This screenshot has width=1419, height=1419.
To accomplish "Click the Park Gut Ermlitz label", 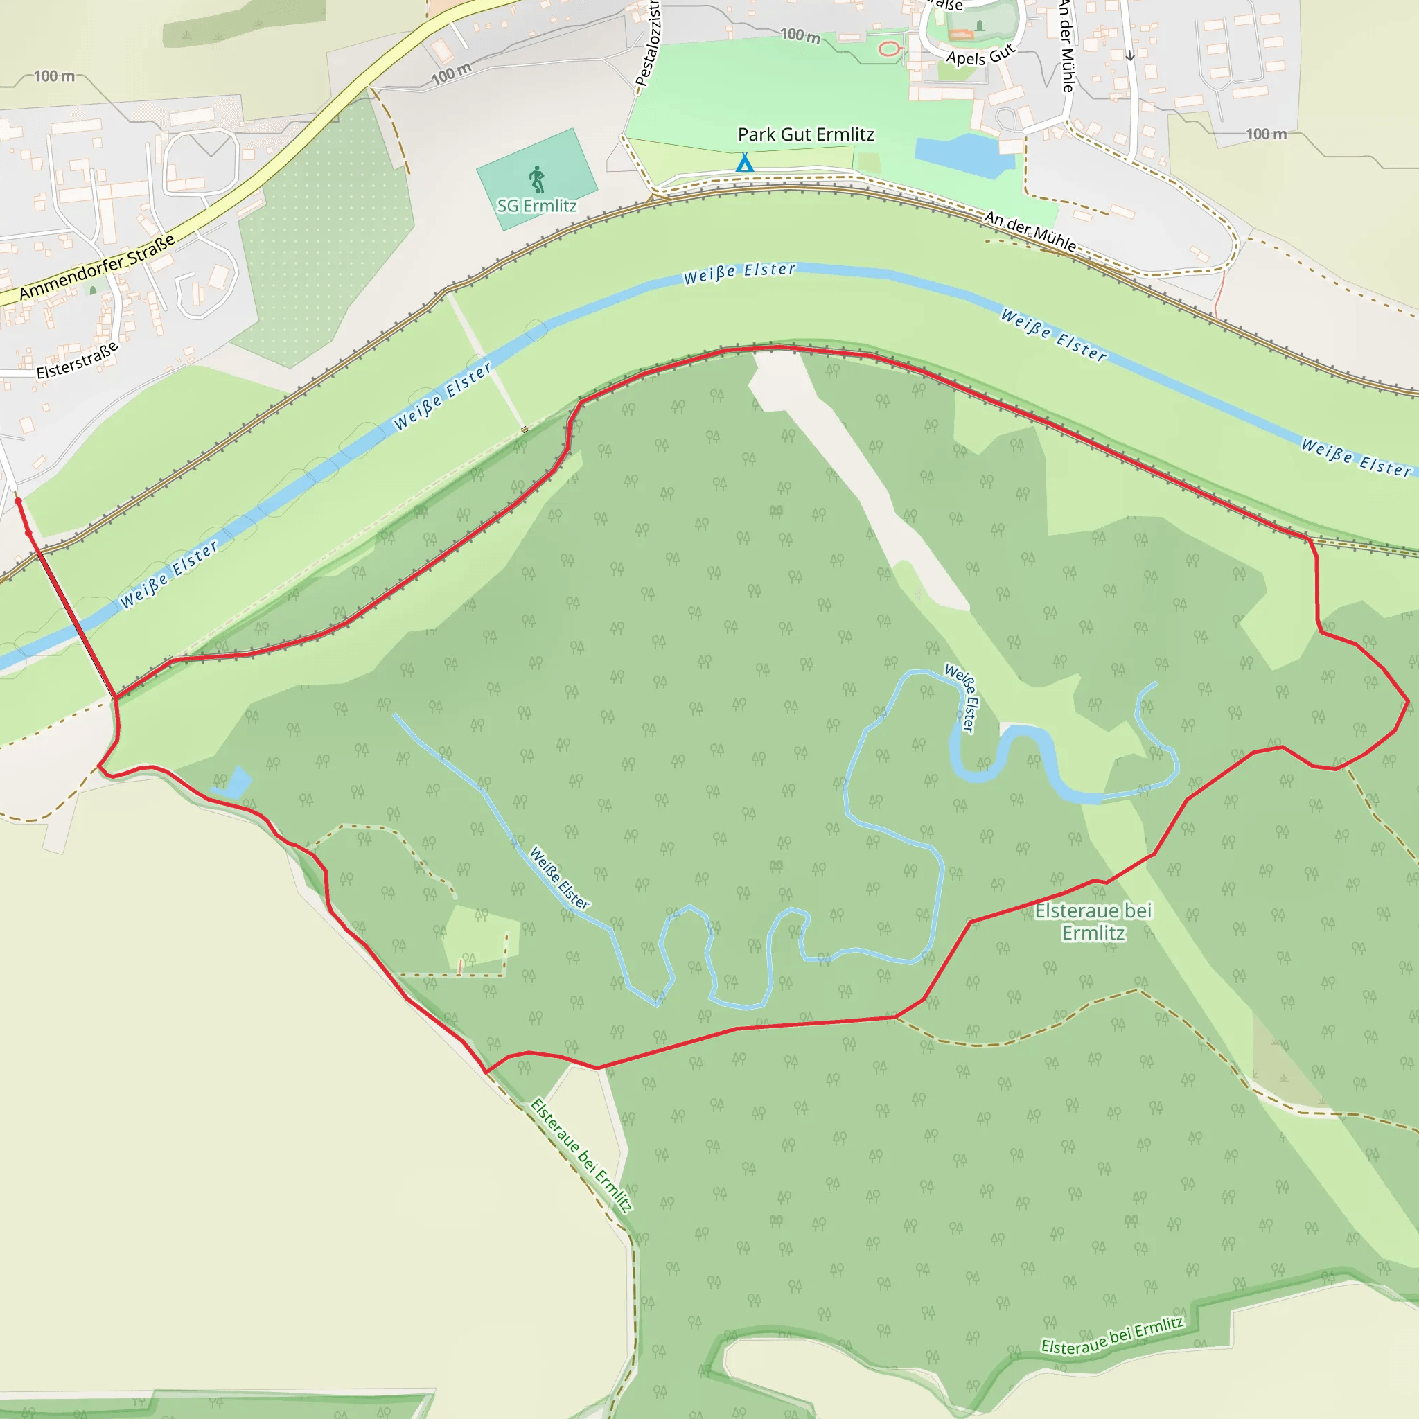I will (806, 134).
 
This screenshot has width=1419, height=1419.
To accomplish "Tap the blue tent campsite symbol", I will (745, 162).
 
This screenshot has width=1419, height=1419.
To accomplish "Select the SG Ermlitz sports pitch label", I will (536, 206).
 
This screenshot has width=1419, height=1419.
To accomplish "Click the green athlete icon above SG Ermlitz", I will (538, 179).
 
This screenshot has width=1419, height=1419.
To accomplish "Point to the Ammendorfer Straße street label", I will (97, 267).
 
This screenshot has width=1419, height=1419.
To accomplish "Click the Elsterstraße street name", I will (77, 360).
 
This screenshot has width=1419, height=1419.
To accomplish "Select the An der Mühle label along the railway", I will (1030, 231).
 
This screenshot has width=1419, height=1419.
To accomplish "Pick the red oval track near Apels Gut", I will (890, 49).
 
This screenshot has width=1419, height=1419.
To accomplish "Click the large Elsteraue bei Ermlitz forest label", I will (1093, 921).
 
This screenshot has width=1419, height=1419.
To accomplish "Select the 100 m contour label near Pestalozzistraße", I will (800, 35).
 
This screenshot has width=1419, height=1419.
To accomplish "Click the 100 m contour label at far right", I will (1267, 134).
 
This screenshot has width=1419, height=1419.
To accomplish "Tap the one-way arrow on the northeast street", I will (1130, 55).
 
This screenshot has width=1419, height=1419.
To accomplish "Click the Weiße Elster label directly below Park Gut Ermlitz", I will (739, 273).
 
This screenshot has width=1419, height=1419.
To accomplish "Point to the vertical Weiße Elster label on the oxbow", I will (962, 697).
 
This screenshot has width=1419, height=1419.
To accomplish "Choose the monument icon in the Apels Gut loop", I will (979, 26).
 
